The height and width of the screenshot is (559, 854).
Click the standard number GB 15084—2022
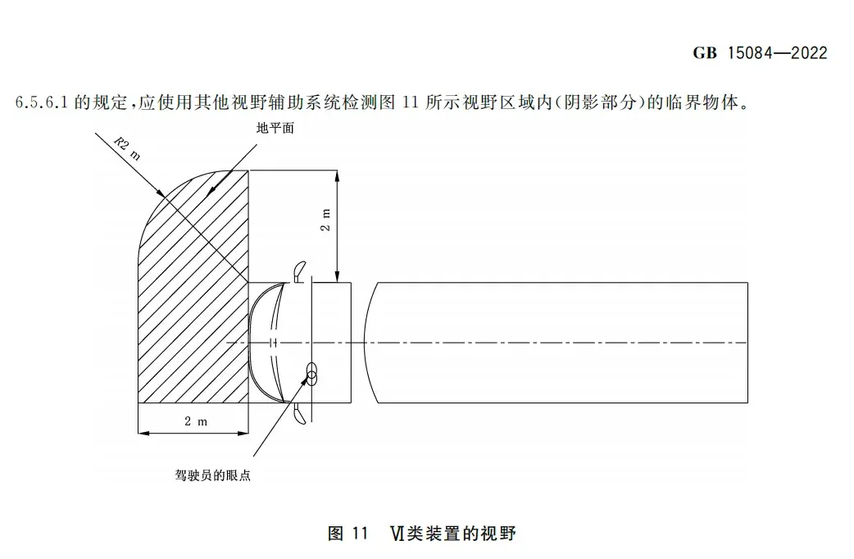(x=760, y=52)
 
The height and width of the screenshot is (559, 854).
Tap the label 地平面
(x=275, y=128)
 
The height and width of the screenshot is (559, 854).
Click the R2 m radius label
(x=127, y=149)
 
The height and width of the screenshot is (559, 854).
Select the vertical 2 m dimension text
(x=325, y=220)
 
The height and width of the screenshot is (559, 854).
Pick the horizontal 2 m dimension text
(x=196, y=421)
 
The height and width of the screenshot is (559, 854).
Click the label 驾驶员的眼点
(x=213, y=475)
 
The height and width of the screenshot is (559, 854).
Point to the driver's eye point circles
(x=311, y=374)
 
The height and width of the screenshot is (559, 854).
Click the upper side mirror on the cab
(x=298, y=270)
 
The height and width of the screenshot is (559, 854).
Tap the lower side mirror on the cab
(x=298, y=414)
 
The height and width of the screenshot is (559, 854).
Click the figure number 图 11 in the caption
(x=348, y=533)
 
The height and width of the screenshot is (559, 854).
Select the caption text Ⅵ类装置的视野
(x=452, y=533)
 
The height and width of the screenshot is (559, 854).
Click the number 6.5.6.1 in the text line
(x=42, y=102)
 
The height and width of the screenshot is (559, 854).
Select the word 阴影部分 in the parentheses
(x=600, y=102)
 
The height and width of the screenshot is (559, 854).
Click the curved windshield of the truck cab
(x=265, y=343)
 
